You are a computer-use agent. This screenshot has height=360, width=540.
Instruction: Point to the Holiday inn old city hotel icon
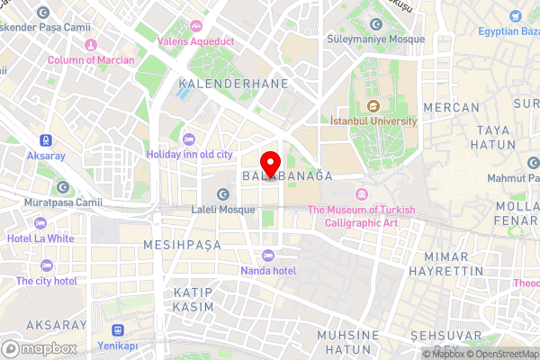point(188,139)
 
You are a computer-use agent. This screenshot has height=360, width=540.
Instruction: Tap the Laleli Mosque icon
point(223,193)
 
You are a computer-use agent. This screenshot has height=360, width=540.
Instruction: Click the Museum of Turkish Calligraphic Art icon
point(362,194)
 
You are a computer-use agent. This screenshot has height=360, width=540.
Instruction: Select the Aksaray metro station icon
point(44,140)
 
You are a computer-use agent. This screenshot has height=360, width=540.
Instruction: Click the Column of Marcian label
point(89,59)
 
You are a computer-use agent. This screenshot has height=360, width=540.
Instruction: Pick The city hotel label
point(46,280)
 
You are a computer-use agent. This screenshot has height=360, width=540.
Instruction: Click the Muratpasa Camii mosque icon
point(62,187)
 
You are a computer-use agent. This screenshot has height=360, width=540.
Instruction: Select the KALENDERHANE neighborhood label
point(233,83)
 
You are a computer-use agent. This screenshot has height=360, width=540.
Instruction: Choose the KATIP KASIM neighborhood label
point(193,300)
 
